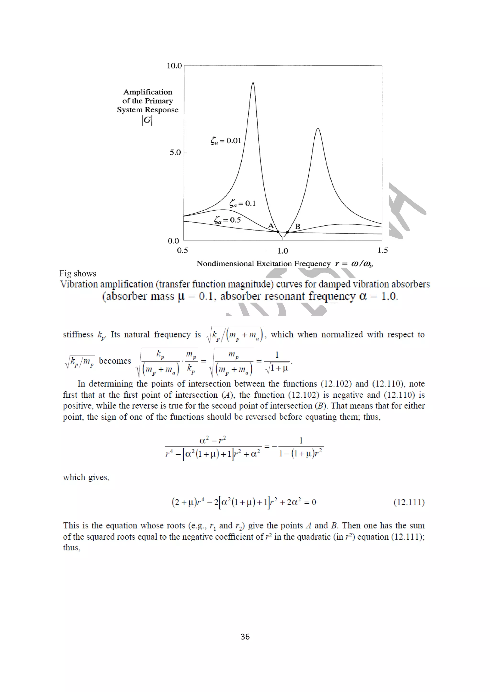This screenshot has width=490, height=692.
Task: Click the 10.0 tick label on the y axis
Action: click(x=174, y=66)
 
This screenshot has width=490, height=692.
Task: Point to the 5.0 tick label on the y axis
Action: click(x=175, y=152)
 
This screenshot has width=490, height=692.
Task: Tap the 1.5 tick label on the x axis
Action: click(x=382, y=250)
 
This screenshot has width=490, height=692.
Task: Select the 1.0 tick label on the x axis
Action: click(x=283, y=251)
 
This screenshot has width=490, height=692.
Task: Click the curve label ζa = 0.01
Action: click(x=226, y=141)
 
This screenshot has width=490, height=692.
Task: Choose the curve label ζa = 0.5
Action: click(x=227, y=220)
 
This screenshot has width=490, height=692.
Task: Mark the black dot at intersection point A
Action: click(x=278, y=231)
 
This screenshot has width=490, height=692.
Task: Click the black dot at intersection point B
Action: click(x=287, y=232)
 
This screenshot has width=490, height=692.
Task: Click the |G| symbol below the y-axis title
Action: click(x=147, y=120)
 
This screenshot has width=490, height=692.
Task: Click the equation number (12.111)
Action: click(x=409, y=502)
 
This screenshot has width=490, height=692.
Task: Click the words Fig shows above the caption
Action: click(x=78, y=273)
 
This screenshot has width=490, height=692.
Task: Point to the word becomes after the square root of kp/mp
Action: click(x=115, y=361)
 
